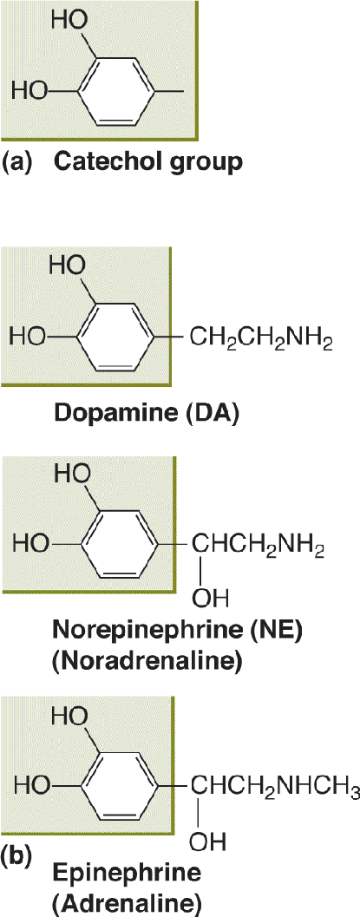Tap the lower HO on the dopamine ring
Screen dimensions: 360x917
pyautogui.click(x=29, y=337)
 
